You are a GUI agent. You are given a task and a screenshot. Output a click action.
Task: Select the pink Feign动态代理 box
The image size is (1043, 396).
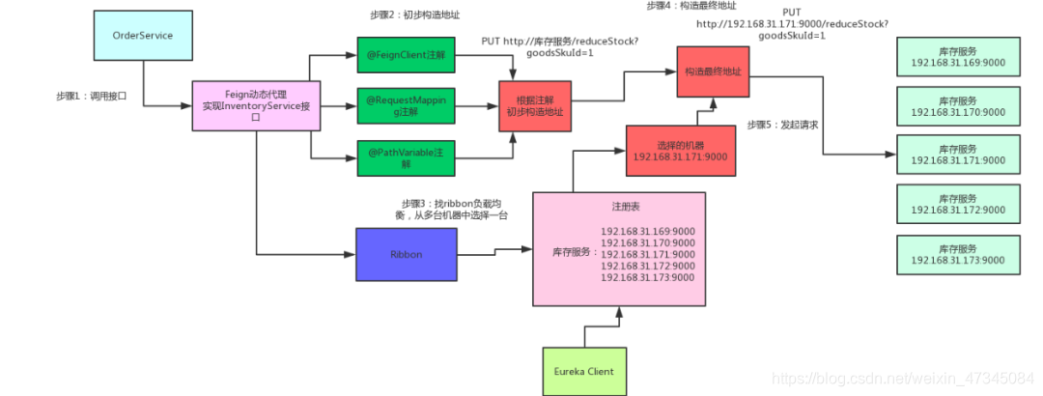256,105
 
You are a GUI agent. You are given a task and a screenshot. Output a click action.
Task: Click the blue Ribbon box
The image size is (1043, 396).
406,254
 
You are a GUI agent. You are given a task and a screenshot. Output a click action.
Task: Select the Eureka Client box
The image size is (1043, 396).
583,370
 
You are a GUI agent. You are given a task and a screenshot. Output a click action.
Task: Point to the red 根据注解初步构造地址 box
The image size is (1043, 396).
534,106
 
